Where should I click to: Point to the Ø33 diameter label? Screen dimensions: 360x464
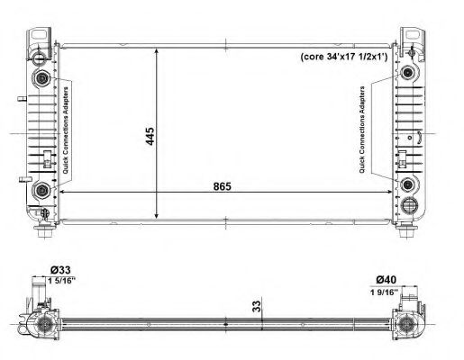tap(60, 270)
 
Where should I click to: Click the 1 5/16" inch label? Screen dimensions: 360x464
tap(61, 281)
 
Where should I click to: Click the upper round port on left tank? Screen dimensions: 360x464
tap(41, 77)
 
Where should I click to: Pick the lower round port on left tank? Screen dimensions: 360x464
tap(41, 190)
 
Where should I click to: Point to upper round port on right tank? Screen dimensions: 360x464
tap(409, 72)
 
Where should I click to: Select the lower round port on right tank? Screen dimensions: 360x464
tap(409, 185)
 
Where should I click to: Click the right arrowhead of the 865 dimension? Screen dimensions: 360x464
tap(391, 192)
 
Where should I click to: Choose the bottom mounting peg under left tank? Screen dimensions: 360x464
tap(43, 235)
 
